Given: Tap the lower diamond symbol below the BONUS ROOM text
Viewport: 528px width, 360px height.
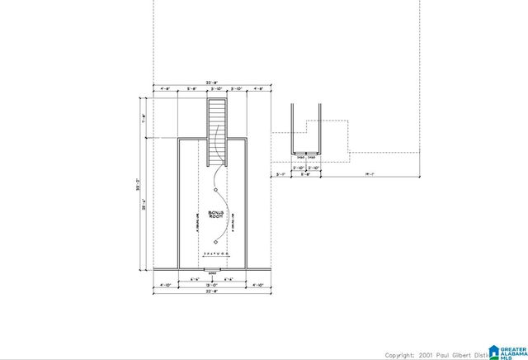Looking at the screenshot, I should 216,242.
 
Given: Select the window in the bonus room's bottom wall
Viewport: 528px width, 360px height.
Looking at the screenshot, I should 211,269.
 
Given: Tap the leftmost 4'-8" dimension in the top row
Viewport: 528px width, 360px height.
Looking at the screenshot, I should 165,88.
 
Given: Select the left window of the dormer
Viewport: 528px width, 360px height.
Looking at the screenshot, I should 301,154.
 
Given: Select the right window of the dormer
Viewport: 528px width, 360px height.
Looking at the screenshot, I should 312,154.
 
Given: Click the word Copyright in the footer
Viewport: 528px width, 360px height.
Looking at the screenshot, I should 399,354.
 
